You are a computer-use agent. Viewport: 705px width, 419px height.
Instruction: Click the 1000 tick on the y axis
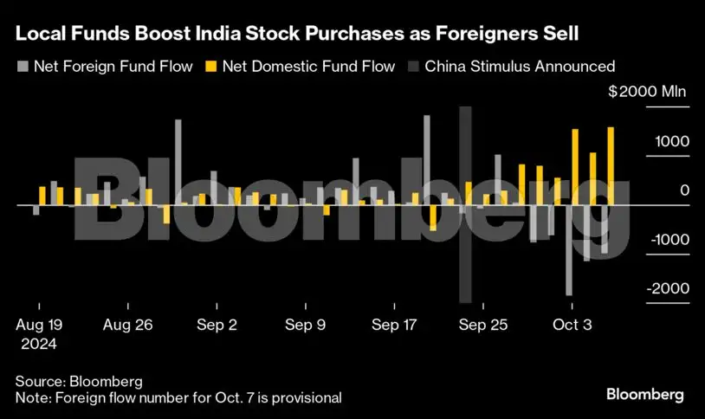click(x=673, y=142)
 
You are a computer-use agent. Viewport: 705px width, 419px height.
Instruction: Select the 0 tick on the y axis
click(x=684, y=190)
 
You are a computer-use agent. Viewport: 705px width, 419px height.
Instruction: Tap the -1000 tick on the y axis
click(x=669, y=240)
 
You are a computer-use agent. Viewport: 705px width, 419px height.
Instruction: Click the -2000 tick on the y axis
click(x=669, y=289)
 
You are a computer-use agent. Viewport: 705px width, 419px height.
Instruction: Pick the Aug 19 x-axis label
click(x=39, y=326)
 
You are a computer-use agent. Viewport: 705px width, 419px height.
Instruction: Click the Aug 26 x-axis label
click(x=128, y=326)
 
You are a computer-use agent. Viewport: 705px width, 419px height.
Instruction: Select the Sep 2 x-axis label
click(x=217, y=326)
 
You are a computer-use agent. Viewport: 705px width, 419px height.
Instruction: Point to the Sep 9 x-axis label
click(x=305, y=326)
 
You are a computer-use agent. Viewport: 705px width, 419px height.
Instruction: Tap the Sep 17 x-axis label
click(x=395, y=326)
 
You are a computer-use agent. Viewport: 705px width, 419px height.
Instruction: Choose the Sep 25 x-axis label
click(x=483, y=326)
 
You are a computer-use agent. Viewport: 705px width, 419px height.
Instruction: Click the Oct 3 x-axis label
click(x=572, y=326)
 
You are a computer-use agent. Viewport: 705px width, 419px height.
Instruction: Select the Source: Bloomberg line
click(x=78, y=381)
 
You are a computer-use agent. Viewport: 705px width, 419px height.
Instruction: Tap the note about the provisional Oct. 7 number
click(x=178, y=397)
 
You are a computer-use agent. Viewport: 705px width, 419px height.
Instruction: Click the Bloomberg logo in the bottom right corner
click(x=644, y=395)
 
